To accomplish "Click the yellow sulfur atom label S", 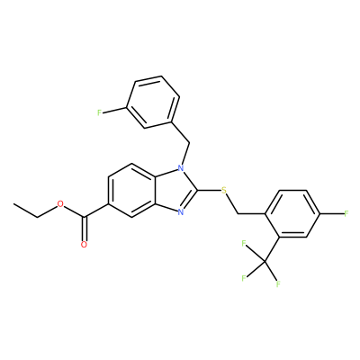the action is (x=223, y=190).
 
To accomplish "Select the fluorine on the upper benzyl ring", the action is (x=100, y=112).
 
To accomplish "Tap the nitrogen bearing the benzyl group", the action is (x=180, y=168).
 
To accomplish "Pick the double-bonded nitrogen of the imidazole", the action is (x=180, y=212).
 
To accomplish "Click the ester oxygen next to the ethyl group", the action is (x=60, y=204).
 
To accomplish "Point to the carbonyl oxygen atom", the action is (x=84, y=244).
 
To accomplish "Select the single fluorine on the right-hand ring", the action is (x=346, y=213).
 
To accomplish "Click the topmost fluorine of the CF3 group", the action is (x=243, y=243).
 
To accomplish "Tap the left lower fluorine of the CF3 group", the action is (x=244, y=278).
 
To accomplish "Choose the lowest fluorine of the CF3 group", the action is (x=278, y=283).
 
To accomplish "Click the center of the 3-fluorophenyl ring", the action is (x=153, y=102).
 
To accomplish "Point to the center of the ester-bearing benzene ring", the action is (x=132, y=190).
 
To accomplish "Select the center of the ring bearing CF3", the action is (x=293, y=213).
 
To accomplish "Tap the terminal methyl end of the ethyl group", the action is (x=13, y=203).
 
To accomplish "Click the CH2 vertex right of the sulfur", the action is (x=238, y=213).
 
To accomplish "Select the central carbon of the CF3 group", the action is (x=265, y=262).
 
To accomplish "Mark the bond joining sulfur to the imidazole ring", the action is (x=209, y=190).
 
